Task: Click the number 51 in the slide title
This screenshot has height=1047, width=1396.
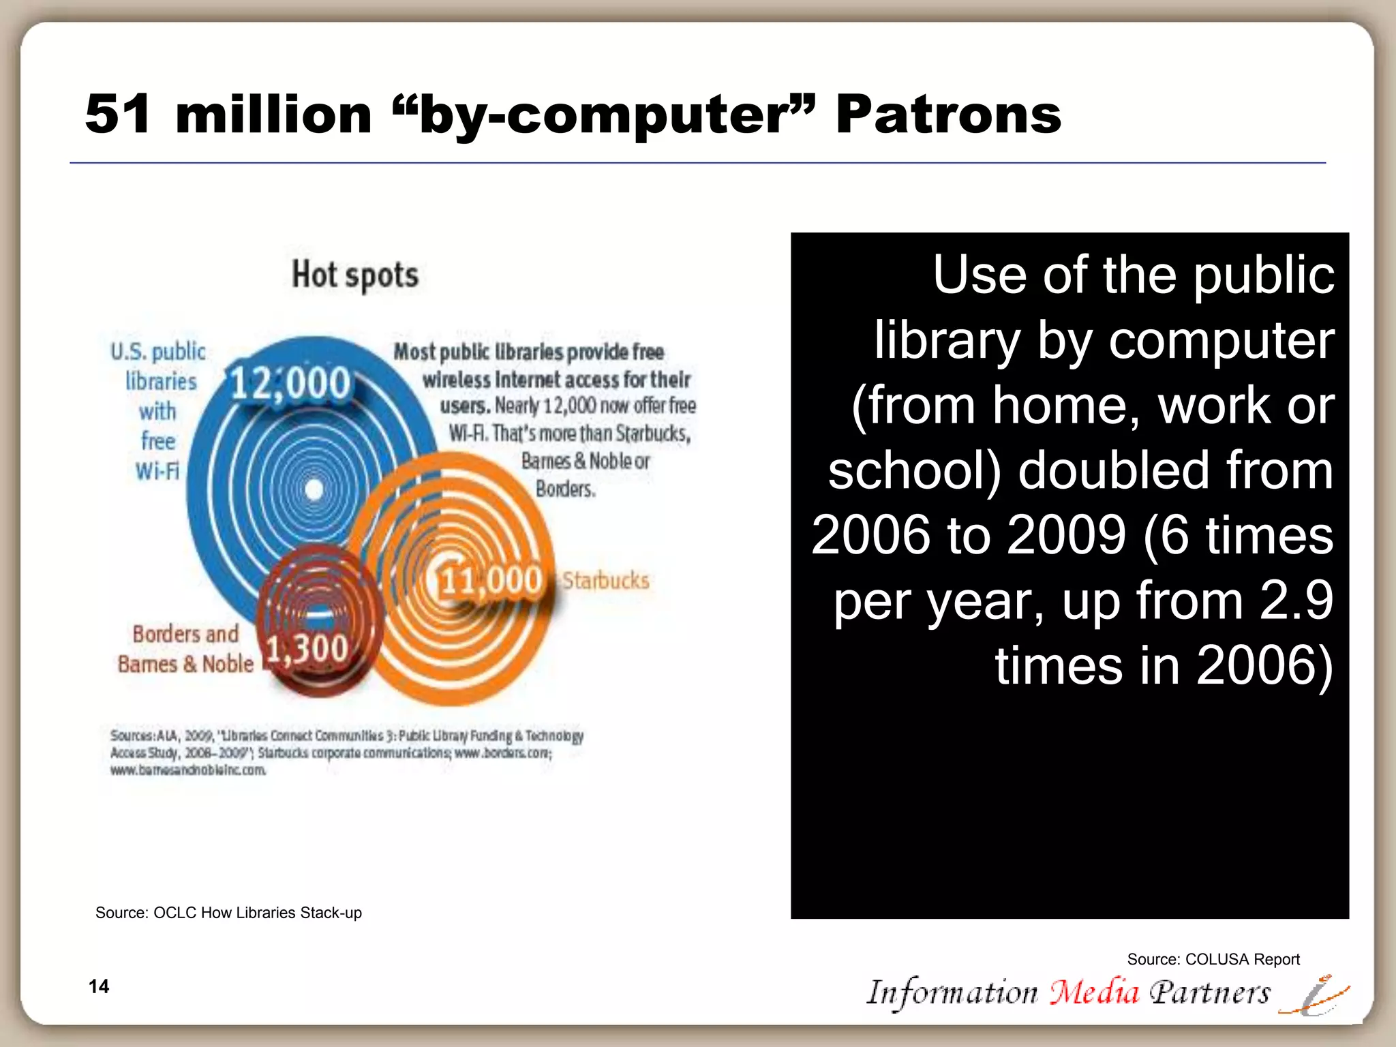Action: coord(117,114)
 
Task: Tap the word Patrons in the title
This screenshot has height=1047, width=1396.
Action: coord(947,114)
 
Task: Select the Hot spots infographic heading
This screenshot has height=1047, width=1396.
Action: coord(354,275)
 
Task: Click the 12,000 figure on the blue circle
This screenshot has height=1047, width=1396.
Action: coord(290,382)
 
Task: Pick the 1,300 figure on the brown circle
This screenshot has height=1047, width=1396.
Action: coord(307,648)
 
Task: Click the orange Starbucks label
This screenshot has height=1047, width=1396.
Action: coord(605,581)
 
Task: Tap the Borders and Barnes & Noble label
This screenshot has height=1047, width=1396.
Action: coord(185,649)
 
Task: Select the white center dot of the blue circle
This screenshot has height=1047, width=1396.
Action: coord(314,489)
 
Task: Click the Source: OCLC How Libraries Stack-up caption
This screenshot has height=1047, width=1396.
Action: coord(228,913)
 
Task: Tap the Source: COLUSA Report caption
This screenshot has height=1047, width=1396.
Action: coord(1213,959)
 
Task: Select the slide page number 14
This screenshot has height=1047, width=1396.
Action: coord(99,986)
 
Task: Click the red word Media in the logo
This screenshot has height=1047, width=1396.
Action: coord(1093,992)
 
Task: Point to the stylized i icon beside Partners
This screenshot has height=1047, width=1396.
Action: coord(1313,995)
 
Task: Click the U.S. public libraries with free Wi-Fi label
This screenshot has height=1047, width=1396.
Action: coord(158,411)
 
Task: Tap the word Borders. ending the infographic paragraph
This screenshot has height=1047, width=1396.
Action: coord(565,489)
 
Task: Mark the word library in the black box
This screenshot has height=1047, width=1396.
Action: coord(947,340)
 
